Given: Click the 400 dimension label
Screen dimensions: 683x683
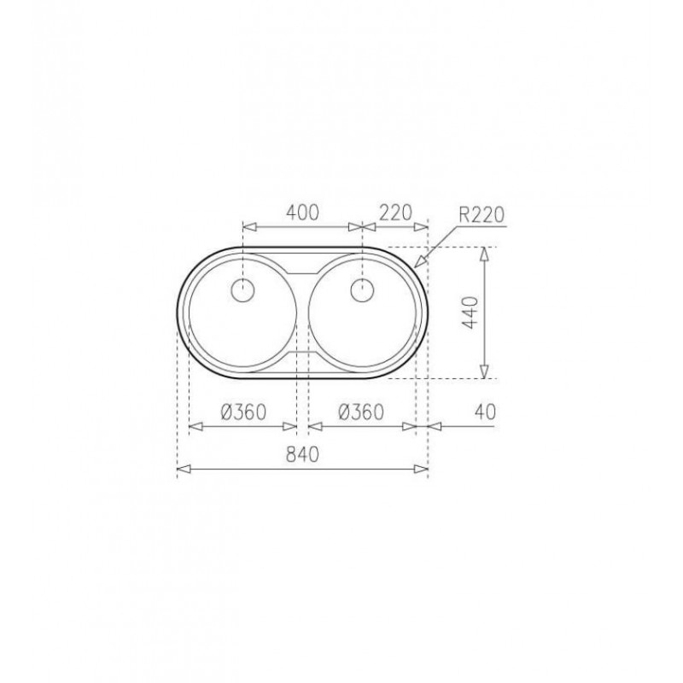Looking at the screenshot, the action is (303, 212).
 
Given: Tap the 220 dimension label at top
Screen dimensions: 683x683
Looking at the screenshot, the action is (395, 213).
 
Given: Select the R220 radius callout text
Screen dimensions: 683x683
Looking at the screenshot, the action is (482, 215).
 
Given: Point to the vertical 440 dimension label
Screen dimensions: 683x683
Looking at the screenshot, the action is (470, 312).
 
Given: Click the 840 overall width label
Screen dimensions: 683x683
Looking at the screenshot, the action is (303, 454).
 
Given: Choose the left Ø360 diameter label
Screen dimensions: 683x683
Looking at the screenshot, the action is (243, 412).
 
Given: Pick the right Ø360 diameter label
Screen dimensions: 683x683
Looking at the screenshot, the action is (361, 412).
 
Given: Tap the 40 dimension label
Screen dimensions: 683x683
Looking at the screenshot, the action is (485, 412).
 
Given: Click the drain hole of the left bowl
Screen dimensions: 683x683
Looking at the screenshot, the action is (243, 289).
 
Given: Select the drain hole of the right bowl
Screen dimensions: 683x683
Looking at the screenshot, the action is (362, 289).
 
